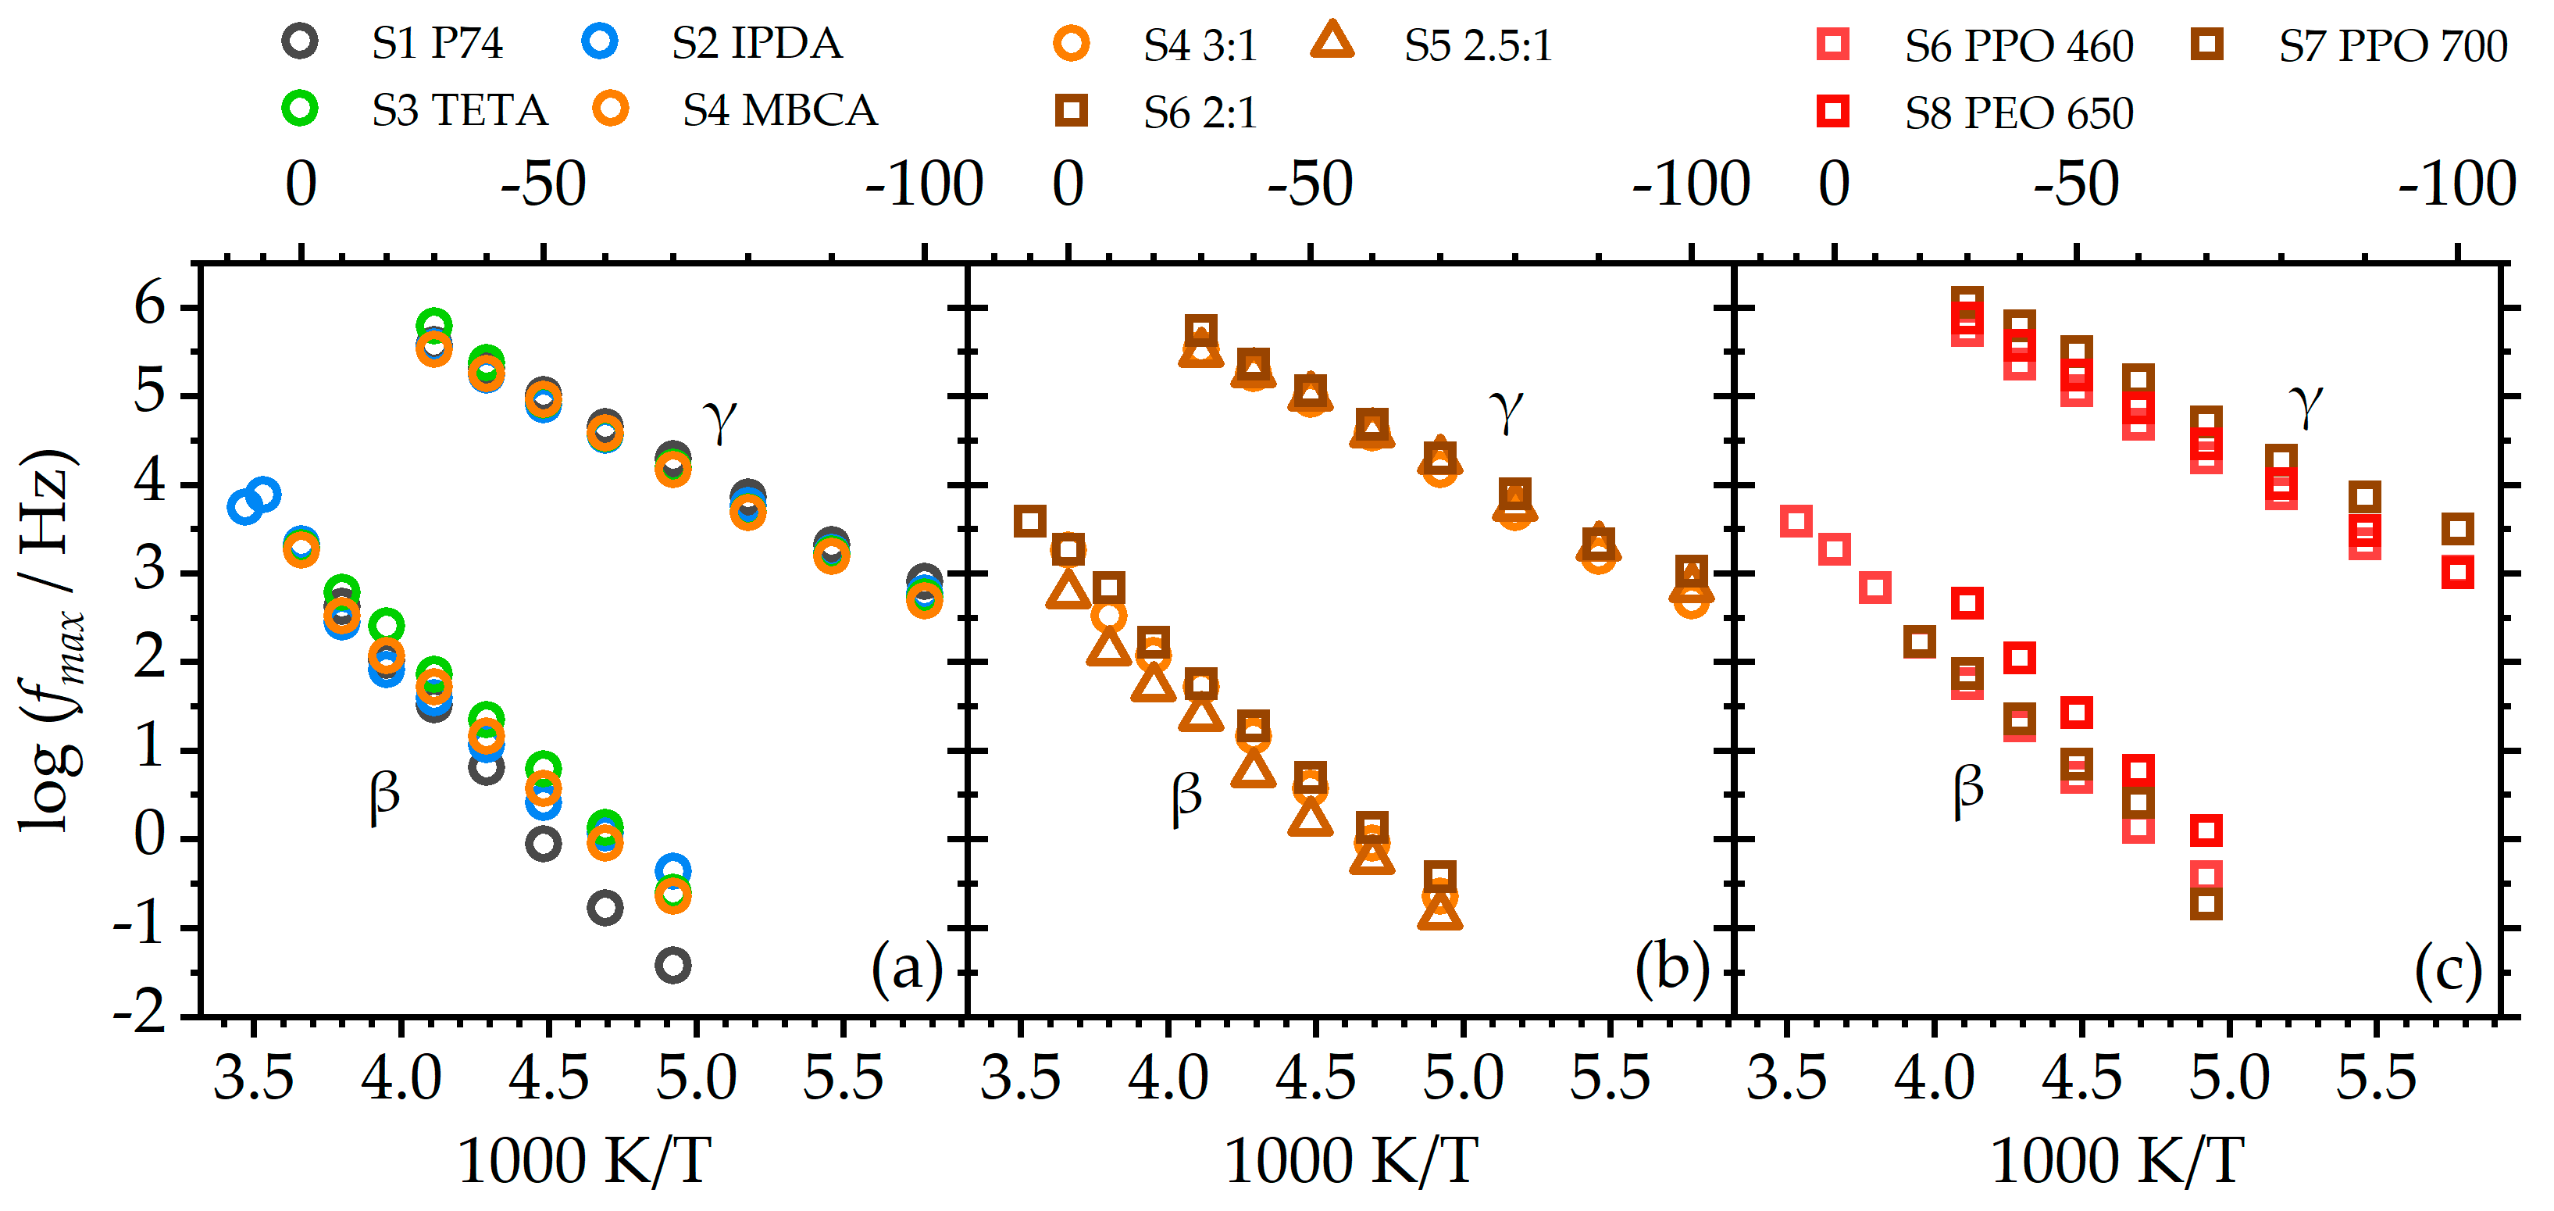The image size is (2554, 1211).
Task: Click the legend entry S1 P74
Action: (x=437, y=43)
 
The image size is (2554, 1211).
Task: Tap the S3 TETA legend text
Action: (x=459, y=109)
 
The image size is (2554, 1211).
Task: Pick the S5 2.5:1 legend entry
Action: (x=1477, y=45)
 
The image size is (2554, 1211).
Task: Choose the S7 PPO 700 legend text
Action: (x=2392, y=45)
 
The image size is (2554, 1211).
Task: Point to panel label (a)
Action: (x=906, y=967)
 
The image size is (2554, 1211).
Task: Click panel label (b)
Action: (x=1671, y=967)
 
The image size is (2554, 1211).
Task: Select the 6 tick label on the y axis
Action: (x=150, y=305)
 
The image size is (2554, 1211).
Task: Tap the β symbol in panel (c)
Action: (x=1968, y=791)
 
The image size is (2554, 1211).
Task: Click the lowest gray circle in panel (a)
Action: (x=673, y=964)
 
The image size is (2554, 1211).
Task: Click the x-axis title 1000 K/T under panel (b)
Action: (x=1350, y=1160)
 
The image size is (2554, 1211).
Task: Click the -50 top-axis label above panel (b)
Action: (x=1310, y=184)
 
